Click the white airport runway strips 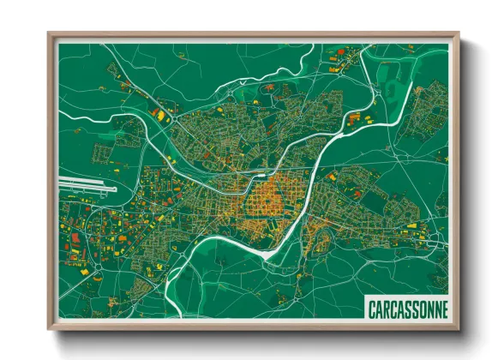(86, 183)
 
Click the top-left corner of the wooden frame (50, 35)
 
